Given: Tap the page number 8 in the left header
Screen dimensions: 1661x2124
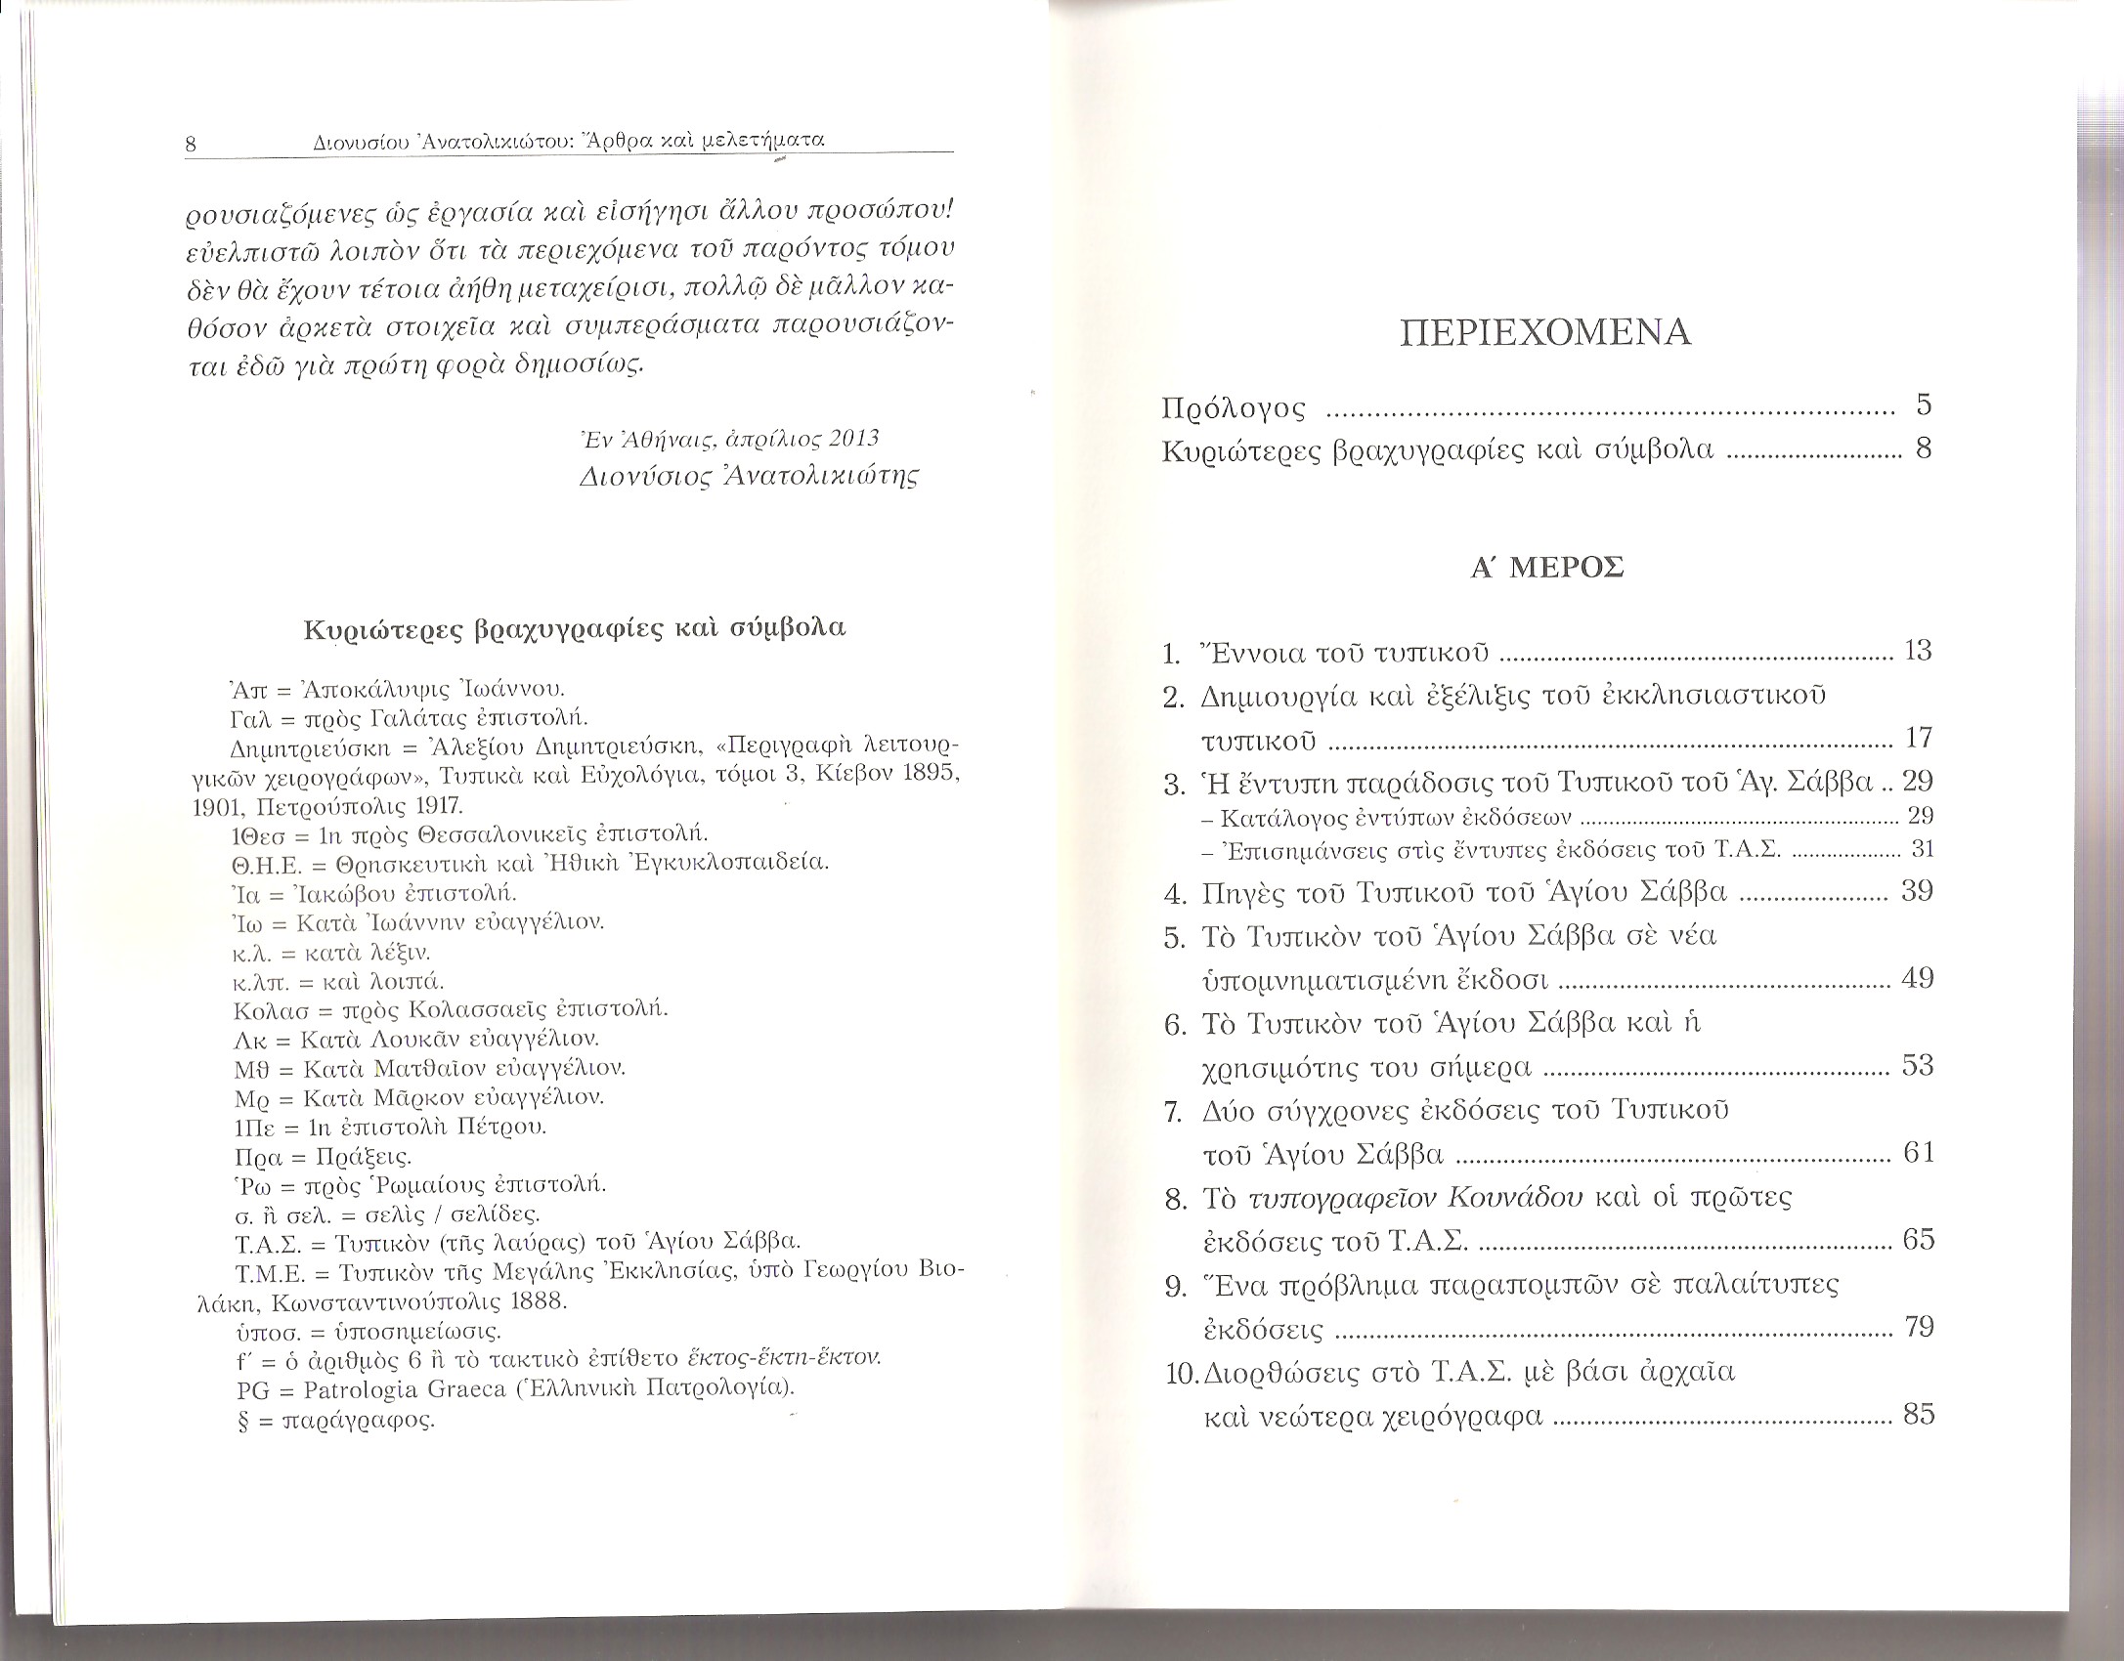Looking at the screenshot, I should [192, 145].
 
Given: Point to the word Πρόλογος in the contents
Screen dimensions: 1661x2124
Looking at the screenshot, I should [1234, 407].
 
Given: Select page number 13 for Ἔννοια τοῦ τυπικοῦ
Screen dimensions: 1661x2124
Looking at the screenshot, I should [1918, 651].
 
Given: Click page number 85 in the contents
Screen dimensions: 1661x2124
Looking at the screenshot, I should [1919, 1414].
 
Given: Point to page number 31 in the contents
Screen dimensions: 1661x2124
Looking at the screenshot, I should [1922, 849].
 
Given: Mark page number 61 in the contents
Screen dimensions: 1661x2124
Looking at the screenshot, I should [1919, 1153].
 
